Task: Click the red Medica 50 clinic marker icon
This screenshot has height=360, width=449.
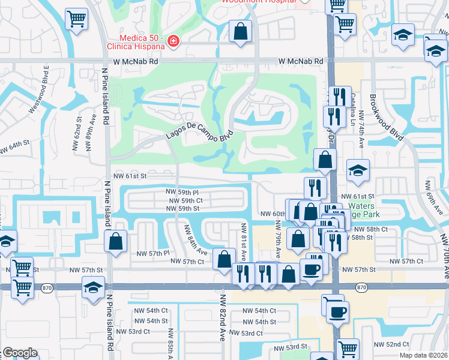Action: (x=173, y=41)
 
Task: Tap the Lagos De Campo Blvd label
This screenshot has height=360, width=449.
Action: (x=199, y=135)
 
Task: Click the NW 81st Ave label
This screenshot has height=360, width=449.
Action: (x=244, y=239)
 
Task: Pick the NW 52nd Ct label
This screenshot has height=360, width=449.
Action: (x=390, y=344)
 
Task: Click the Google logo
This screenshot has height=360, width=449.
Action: (x=20, y=353)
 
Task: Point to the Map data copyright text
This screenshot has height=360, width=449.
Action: (x=423, y=355)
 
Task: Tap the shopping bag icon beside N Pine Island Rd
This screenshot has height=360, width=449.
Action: (x=116, y=241)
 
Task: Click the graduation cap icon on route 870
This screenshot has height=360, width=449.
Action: (x=93, y=287)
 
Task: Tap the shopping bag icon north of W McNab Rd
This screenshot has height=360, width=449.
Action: (x=240, y=32)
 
